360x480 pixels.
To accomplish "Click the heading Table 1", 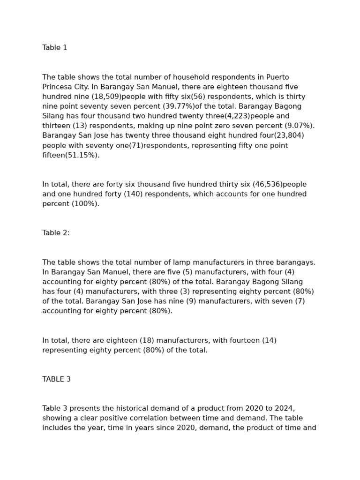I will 54,48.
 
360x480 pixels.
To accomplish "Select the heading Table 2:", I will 56,233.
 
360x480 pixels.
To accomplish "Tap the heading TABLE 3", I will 56,379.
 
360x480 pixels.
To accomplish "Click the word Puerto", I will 277,77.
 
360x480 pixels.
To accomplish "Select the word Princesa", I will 58,87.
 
